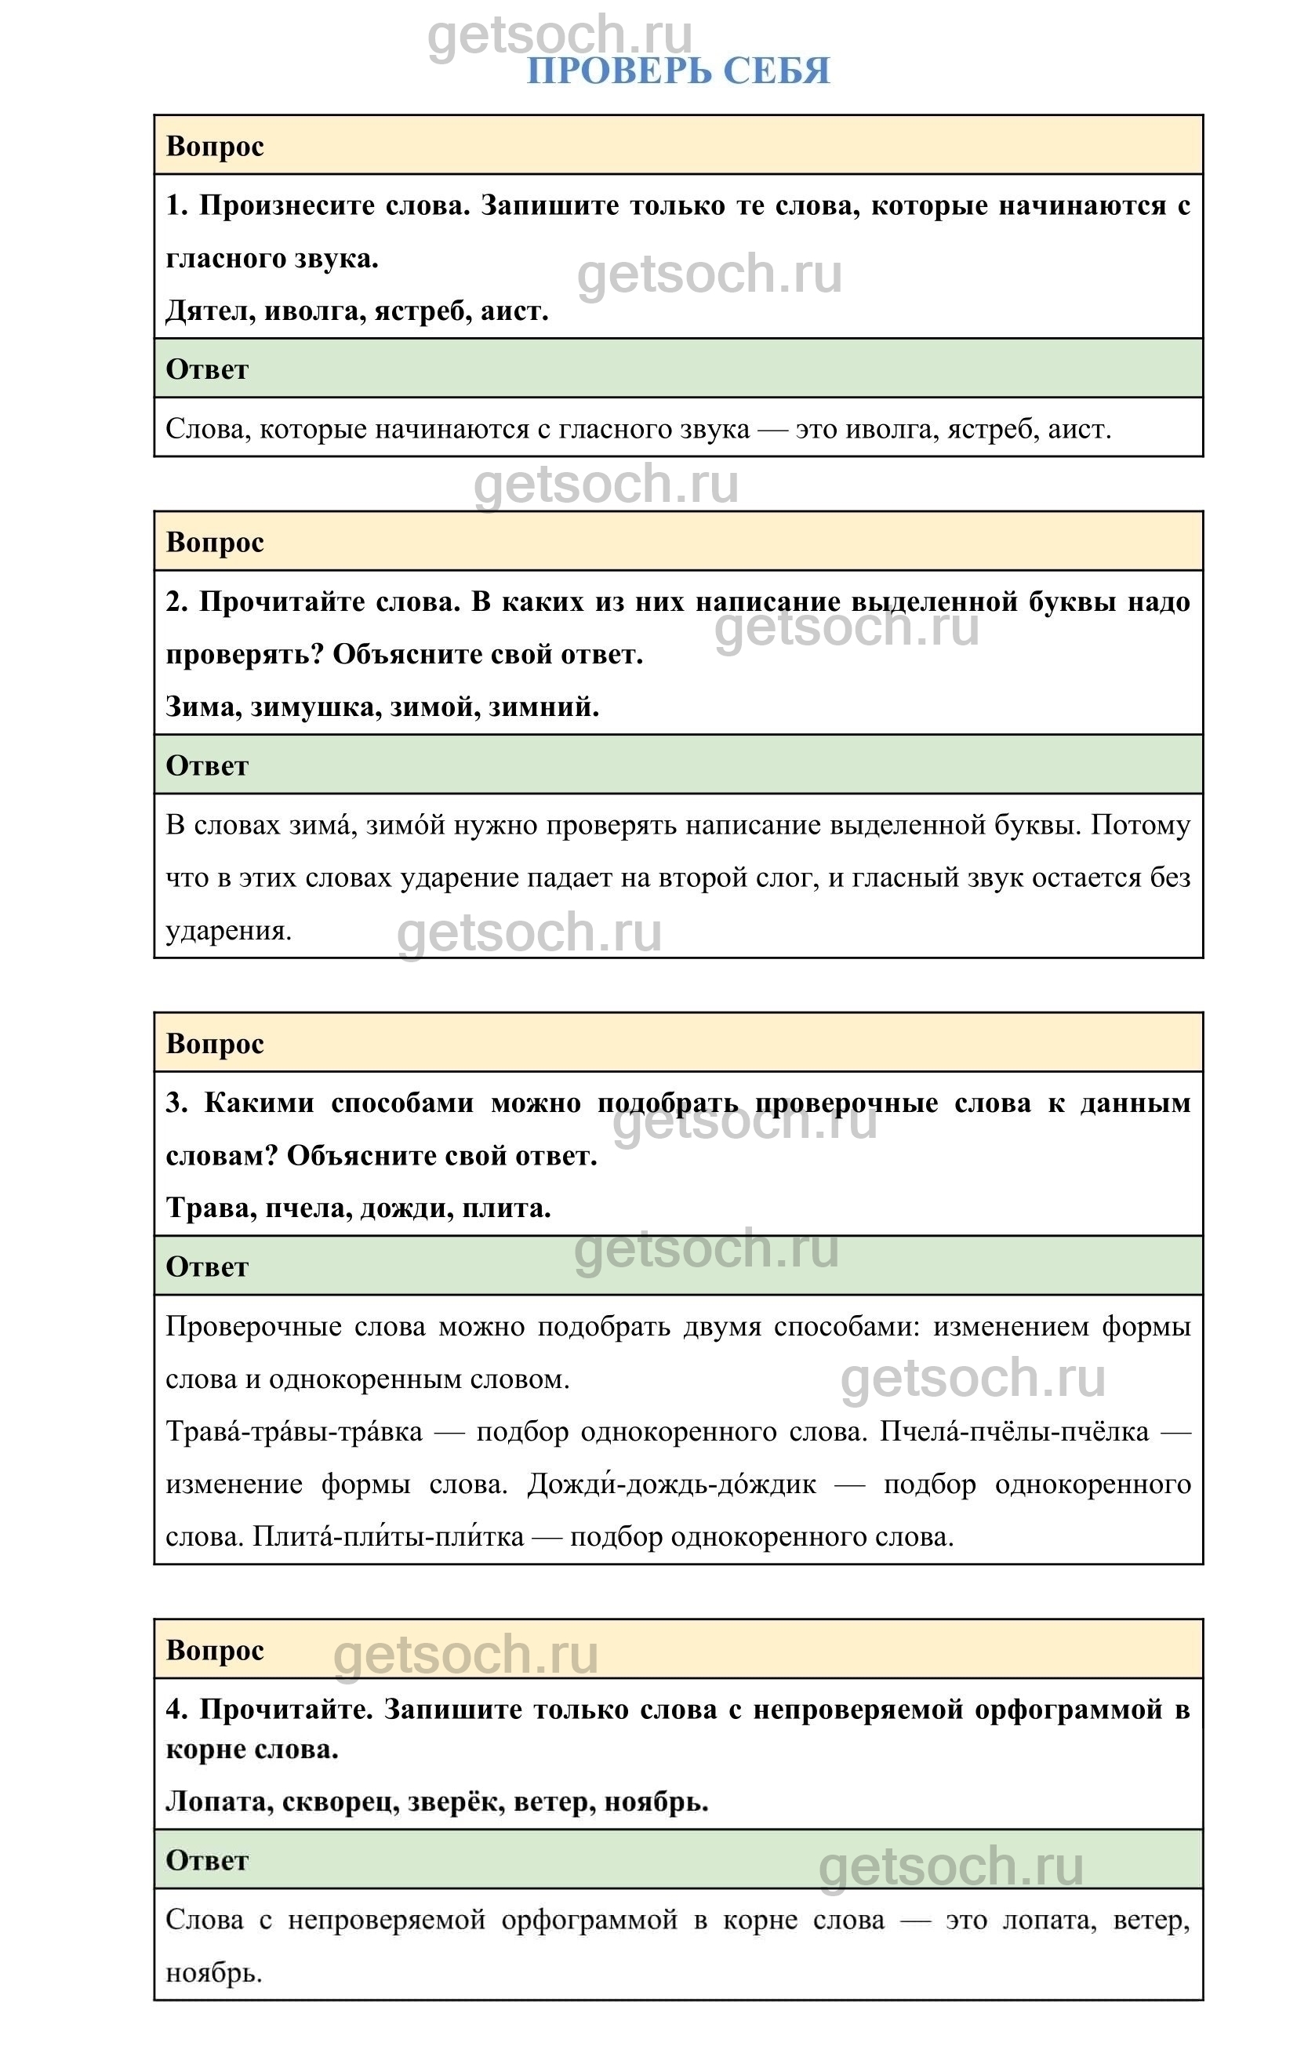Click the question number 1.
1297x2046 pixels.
click(x=176, y=205)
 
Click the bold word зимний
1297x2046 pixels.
click(x=543, y=707)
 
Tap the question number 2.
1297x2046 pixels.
click(x=176, y=602)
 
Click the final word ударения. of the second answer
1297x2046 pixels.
click(x=228, y=931)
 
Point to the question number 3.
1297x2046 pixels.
click(x=176, y=1103)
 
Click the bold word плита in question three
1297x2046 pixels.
click(x=505, y=1208)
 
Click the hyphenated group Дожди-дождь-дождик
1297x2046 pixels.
click(x=671, y=1485)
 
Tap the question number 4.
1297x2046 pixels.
click(x=176, y=1710)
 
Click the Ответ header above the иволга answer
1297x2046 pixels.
click(x=207, y=369)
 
